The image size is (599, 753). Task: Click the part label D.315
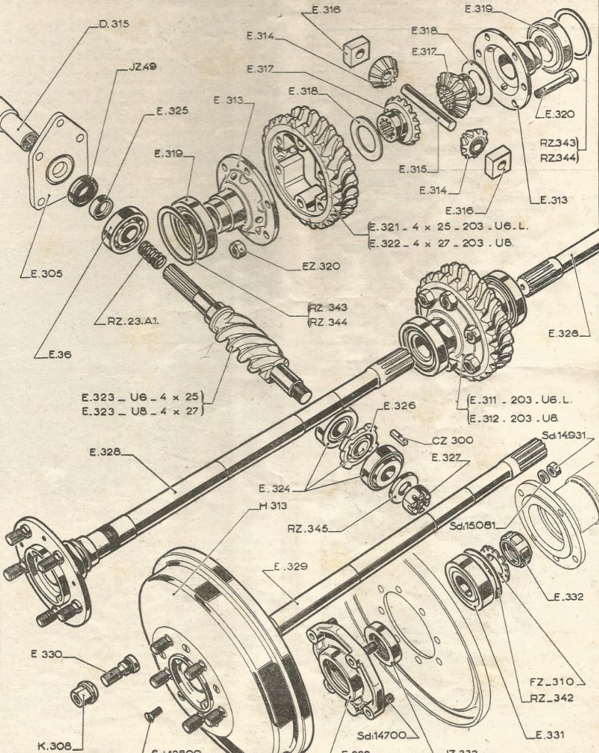[113, 24]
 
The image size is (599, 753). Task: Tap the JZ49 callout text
[142, 66]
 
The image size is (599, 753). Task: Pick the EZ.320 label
[320, 266]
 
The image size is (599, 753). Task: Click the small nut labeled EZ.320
[237, 251]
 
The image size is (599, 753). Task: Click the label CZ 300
[452, 441]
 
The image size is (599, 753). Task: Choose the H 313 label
[273, 506]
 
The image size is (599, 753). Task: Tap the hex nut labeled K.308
[81, 694]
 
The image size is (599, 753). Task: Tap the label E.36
[59, 354]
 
